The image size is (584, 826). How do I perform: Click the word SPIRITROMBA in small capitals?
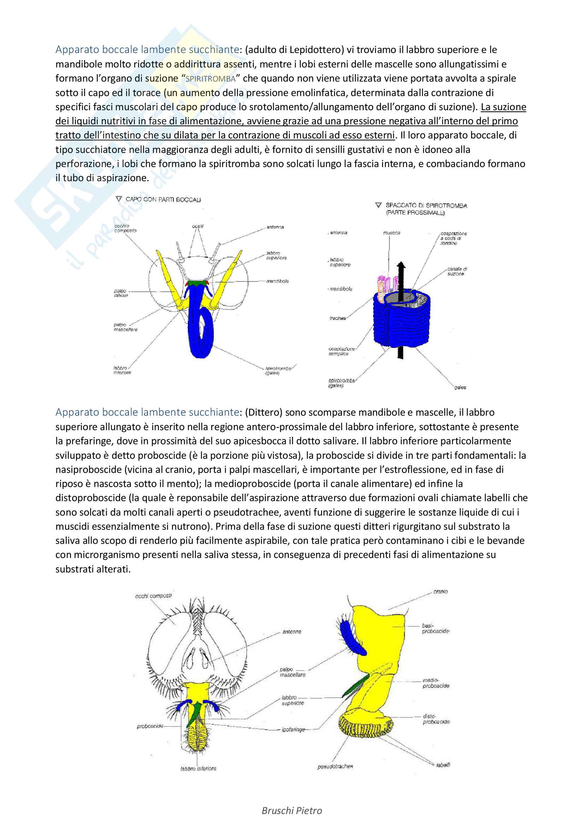tap(210, 79)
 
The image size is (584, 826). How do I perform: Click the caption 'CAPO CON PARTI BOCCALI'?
tap(163, 199)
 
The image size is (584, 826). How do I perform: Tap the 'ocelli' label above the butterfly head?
tap(197, 226)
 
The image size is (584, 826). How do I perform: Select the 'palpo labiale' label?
tap(121, 293)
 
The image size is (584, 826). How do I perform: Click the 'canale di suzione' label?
tap(456, 271)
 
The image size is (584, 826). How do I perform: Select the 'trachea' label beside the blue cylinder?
tap(337, 318)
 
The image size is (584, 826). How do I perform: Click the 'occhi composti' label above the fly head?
tap(154, 596)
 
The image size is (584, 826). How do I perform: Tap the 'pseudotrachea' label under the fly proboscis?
tap(335, 767)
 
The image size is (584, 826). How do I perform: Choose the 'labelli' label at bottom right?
tap(443, 765)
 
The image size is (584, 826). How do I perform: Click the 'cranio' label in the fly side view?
tap(441, 592)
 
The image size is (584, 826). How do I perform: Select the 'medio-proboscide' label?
tap(436, 683)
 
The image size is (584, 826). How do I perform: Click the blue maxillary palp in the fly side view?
tap(352, 638)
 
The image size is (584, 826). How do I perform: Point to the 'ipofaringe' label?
tap(293, 730)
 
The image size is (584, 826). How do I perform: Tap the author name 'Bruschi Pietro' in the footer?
tap(292, 810)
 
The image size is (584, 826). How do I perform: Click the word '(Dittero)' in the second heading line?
tap(264, 412)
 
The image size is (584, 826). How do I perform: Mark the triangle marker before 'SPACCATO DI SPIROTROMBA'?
tap(378, 205)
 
